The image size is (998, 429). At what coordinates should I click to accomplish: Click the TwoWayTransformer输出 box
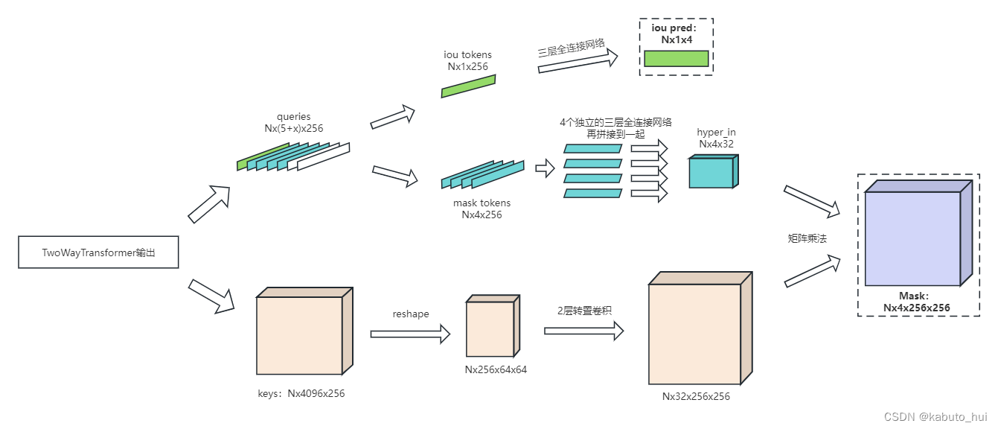pyautogui.click(x=98, y=253)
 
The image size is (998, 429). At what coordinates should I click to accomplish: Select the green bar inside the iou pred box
pyautogui.click(x=676, y=59)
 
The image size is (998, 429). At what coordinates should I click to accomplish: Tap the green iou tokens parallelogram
pyautogui.click(x=468, y=86)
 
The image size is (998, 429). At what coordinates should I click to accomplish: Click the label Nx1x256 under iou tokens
pyautogui.click(x=467, y=66)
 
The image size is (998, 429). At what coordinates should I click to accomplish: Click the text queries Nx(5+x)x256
pyautogui.click(x=293, y=122)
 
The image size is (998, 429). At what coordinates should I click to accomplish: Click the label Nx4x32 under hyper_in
pyautogui.click(x=716, y=144)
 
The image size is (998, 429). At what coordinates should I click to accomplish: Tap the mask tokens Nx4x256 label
pyautogui.click(x=482, y=209)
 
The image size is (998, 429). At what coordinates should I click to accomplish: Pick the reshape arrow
pyautogui.click(x=410, y=334)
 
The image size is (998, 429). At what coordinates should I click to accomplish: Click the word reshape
pyautogui.click(x=411, y=314)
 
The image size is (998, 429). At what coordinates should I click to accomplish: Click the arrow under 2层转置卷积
pyautogui.click(x=583, y=330)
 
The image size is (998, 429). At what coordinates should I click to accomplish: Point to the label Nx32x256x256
pyautogui.click(x=696, y=396)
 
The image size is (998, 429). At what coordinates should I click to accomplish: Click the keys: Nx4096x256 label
pyautogui.click(x=295, y=393)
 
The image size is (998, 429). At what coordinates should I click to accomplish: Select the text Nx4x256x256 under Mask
pyautogui.click(x=916, y=307)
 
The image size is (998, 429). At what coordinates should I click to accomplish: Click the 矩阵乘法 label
pyautogui.click(x=807, y=238)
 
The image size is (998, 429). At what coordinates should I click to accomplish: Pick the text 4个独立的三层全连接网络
pyautogui.click(x=615, y=122)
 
